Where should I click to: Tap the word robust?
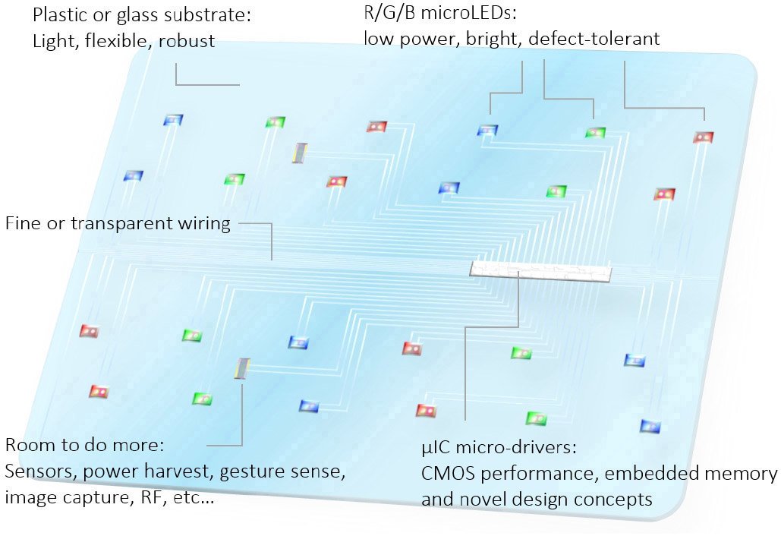point(187,40)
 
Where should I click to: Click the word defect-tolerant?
point(594,39)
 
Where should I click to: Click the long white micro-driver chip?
point(541,272)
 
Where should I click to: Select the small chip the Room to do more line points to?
point(242,368)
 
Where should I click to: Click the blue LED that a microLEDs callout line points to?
point(487,131)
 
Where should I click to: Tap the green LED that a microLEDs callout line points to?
point(595,133)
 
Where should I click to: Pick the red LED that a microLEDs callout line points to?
point(704,137)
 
